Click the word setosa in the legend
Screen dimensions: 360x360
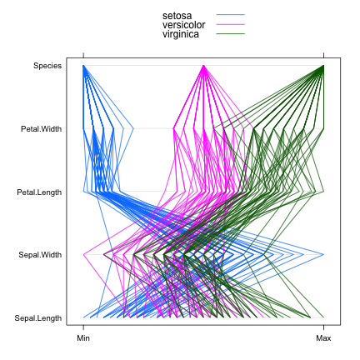[x=177, y=15]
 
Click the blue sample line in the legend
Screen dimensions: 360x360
[x=230, y=15]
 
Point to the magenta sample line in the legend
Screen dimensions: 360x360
[x=230, y=24]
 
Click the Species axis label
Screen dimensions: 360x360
[x=47, y=65]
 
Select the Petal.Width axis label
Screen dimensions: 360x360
[x=42, y=128]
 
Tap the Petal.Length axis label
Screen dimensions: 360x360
[x=40, y=192]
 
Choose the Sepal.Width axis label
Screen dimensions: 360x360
[x=42, y=254]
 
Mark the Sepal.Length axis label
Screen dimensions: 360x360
[x=38, y=317]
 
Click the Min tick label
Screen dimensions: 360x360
[x=83, y=338]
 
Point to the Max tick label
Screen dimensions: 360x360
[x=323, y=338]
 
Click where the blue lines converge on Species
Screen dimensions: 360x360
[x=83, y=65]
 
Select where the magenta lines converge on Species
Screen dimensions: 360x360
[x=203, y=65]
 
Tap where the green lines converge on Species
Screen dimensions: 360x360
[x=323, y=65]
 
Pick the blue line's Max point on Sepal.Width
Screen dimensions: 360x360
[x=323, y=254]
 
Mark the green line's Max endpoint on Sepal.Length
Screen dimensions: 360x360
[x=323, y=317]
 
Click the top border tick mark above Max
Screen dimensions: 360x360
[x=323, y=53]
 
